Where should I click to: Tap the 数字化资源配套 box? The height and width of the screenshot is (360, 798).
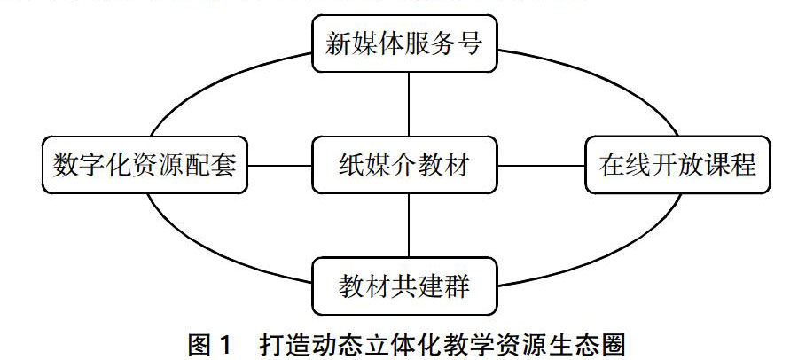(145, 165)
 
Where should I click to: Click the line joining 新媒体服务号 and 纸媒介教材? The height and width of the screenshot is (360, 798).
(408, 104)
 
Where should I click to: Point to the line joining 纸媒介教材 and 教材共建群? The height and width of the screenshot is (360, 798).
(408, 225)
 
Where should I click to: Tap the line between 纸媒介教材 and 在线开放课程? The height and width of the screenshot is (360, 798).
(540, 165)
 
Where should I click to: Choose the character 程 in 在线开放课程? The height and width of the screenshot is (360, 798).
(743, 165)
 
